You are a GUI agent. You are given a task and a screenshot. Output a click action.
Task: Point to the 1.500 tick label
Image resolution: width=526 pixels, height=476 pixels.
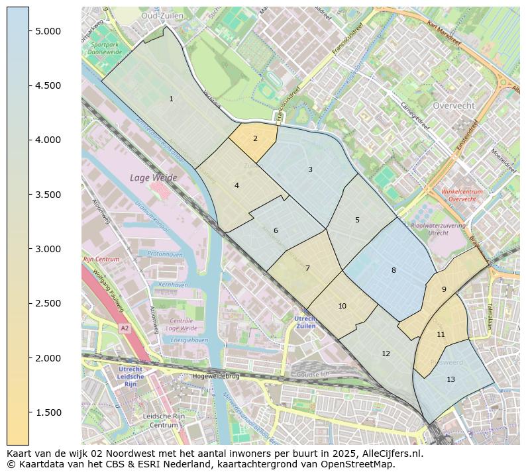[48, 412]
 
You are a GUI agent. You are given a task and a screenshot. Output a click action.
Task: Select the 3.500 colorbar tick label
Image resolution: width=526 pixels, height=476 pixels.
[48, 195]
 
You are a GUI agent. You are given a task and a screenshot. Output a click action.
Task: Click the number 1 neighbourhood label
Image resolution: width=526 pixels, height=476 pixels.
[171, 99]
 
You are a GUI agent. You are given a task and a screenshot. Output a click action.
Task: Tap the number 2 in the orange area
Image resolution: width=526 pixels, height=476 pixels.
[255, 139]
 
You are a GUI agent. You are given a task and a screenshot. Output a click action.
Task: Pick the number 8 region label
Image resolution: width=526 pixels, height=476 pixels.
[394, 270]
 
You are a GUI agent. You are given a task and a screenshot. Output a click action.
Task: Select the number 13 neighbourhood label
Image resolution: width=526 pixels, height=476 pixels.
[450, 380]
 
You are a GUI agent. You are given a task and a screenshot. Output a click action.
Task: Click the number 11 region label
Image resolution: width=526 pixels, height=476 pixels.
[441, 335]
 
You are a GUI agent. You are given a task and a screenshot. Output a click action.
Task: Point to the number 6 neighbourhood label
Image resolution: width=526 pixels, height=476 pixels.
[276, 231]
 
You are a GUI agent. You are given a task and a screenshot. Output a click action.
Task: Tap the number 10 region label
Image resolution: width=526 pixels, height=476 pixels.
[342, 307]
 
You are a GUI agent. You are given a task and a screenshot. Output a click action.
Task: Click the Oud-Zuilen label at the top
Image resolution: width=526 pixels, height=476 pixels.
[162, 15]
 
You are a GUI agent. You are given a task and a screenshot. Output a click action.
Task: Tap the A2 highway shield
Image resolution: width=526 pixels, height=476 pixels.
[124, 328]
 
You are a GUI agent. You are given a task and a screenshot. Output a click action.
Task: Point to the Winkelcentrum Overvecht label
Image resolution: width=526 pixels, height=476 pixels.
[462, 195]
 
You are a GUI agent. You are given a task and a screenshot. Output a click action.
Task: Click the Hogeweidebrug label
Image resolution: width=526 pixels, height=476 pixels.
[215, 376]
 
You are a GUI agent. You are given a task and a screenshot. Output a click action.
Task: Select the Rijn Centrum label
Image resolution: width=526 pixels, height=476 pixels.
[101, 260]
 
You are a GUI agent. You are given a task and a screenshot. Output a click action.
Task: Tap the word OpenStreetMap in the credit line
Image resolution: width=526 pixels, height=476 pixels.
[360, 464]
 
